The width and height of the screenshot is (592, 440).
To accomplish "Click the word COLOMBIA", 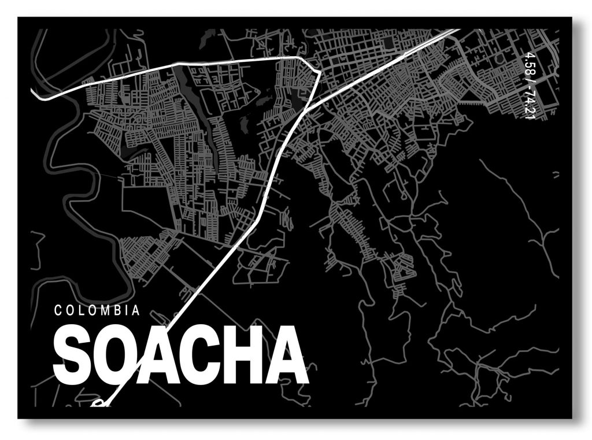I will click(x=97, y=310).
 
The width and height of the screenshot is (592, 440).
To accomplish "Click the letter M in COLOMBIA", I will click(x=105, y=310).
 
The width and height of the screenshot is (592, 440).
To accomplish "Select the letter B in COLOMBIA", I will click(x=118, y=310).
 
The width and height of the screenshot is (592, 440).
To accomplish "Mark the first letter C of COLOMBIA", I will click(x=58, y=310).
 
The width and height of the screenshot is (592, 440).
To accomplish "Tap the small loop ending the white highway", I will click(x=98, y=402).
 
